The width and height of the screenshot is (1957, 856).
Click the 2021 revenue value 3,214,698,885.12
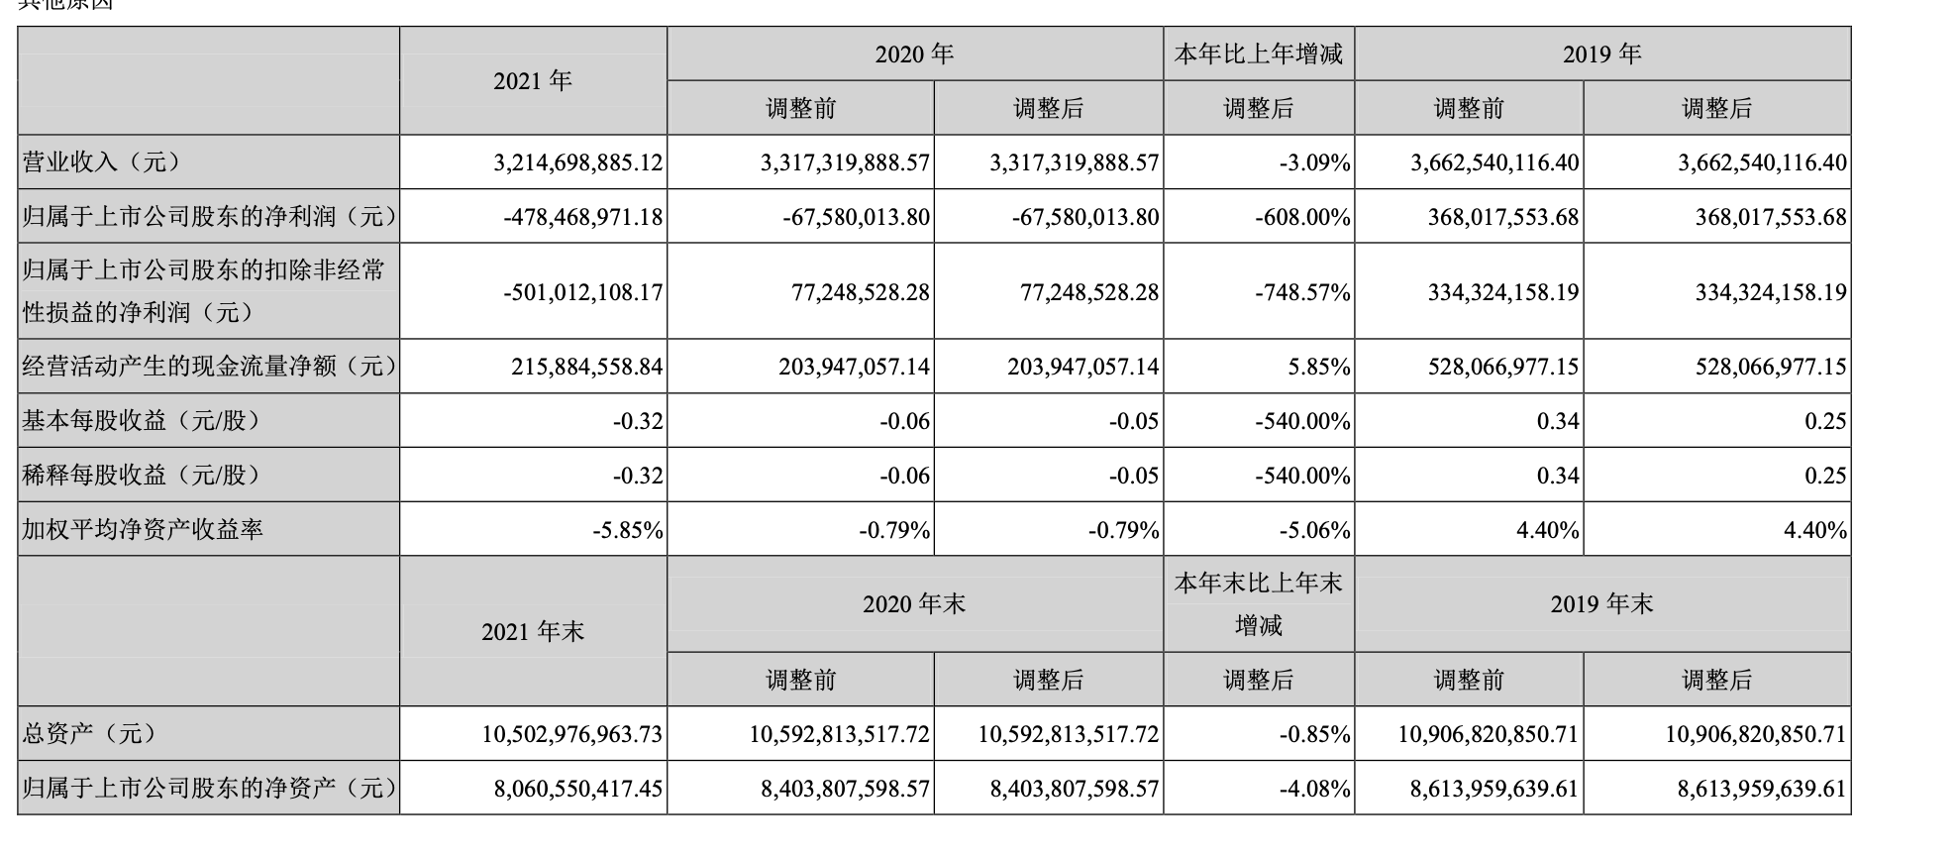(577, 162)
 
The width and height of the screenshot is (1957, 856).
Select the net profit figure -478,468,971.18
(582, 217)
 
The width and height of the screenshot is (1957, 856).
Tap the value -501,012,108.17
(582, 292)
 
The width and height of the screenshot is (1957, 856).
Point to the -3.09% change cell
(1314, 162)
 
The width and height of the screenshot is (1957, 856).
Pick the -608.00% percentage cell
(1301, 217)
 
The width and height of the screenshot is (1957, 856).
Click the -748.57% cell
(1301, 292)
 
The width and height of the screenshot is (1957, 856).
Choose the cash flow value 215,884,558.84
(586, 367)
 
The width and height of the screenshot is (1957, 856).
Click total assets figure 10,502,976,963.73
(572, 735)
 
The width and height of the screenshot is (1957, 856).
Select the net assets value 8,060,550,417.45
(577, 790)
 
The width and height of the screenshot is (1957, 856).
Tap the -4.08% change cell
(1314, 790)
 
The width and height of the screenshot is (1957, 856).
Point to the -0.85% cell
(1314, 735)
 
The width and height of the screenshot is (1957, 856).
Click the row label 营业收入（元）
(102, 162)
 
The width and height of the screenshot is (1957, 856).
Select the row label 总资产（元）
(90, 735)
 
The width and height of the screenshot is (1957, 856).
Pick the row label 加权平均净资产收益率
(143, 530)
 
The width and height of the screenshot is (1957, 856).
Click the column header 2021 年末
(533, 632)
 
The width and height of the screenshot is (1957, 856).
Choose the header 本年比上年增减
(1258, 54)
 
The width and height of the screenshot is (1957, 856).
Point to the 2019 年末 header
(1601, 604)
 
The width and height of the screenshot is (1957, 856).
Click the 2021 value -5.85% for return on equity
(627, 530)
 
